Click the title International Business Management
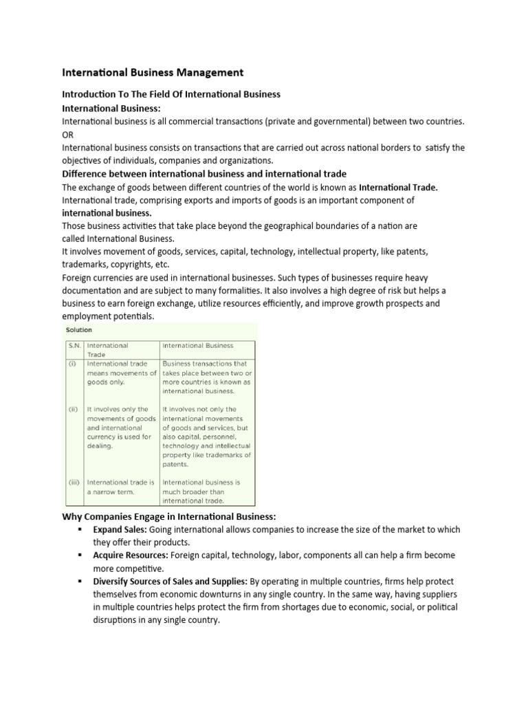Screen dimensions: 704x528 point(153,72)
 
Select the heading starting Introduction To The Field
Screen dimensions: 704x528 point(171,94)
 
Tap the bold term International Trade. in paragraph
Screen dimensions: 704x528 point(398,187)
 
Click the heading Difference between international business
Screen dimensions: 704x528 point(204,173)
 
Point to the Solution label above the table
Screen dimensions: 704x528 point(79,330)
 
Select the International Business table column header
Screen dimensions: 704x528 point(198,346)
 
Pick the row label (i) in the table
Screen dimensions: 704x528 point(71,364)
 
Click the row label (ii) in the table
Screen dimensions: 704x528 point(72,409)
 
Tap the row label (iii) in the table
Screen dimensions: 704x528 point(74,482)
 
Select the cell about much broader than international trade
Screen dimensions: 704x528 point(201,492)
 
